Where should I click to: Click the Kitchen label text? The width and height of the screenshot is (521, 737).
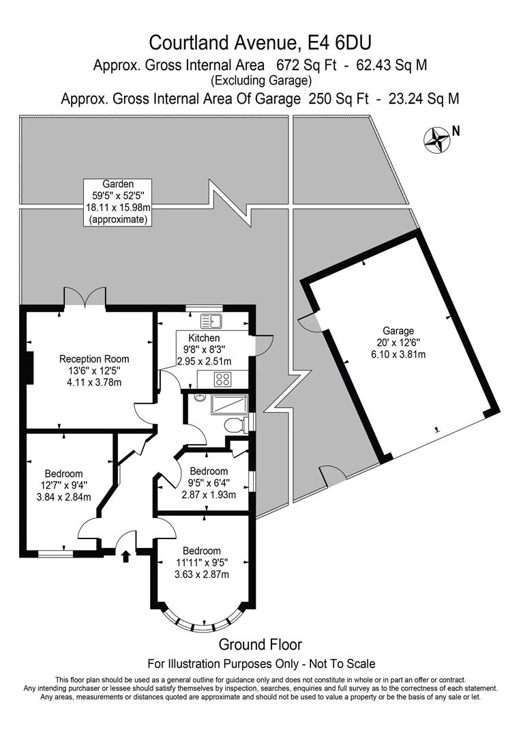click(x=204, y=338)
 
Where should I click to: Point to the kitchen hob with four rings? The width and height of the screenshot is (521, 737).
click(x=224, y=379)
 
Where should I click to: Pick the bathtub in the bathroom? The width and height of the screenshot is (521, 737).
click(x=230, y=405)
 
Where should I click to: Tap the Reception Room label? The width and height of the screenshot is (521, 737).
click(x=94, y=359)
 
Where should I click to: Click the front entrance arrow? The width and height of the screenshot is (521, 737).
click(x=125, y=556)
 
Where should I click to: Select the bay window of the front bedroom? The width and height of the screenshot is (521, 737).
click(x=200, y=621)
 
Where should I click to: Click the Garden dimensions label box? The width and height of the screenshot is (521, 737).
click(x=118, y=202)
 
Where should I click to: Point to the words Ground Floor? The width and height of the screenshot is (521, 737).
click(x=260, y=644)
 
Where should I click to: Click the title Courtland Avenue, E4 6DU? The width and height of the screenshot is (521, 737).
click(x=260, y=43)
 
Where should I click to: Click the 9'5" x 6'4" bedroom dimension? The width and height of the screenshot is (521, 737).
click(x=209, y=483)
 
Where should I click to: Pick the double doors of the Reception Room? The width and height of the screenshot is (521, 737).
click(x=85, y=298)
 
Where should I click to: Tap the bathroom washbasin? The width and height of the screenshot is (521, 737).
click(x=198, y=398)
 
